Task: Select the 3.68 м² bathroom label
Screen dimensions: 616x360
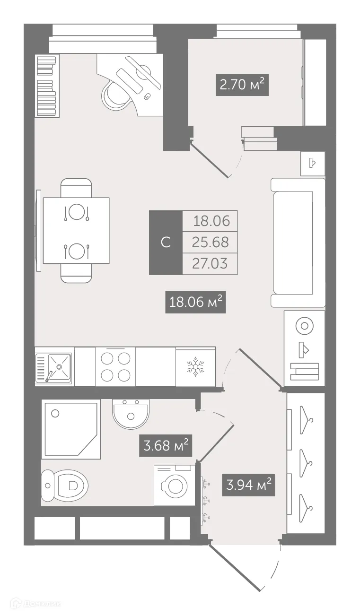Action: (165, 446)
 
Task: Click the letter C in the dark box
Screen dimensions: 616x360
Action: (166, 243)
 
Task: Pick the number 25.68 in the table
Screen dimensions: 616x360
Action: (211, 242)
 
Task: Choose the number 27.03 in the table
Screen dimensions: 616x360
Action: (211, 263)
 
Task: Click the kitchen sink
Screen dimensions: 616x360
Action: (54, 367)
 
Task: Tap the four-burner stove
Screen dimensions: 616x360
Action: (115, 366)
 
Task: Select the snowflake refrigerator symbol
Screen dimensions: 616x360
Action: (194, 366)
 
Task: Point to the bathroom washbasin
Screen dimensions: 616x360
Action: (131, 413)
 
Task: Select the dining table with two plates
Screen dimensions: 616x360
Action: (76, 231)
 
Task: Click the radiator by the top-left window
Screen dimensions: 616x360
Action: (47, 86)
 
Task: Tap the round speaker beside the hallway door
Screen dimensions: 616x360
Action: (304, 326)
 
